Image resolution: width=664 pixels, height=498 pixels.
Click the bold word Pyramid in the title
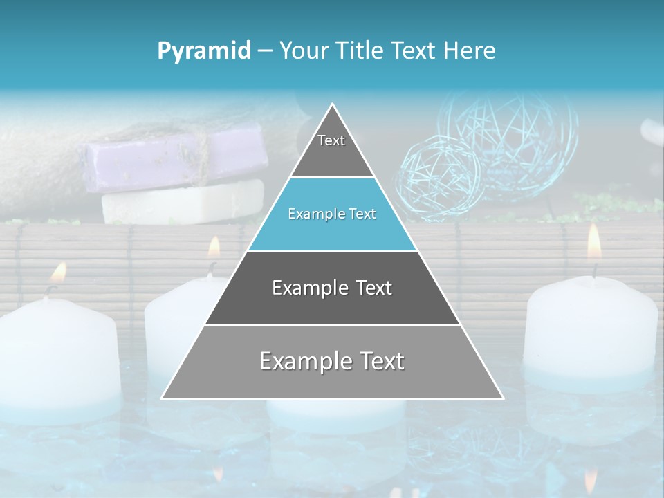pyautogui.click(x=204, y=51)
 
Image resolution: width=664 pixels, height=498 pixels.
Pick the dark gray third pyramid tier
pyautogui.click(x=332, y=288)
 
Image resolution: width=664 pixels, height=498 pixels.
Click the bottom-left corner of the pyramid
pyautogui.click(x=163, y=398)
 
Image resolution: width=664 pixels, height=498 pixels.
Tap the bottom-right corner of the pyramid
pyautogui.click(x=501, y=398)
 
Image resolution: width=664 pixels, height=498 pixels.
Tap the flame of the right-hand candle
pyautogui.click(x=594, y=241)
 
